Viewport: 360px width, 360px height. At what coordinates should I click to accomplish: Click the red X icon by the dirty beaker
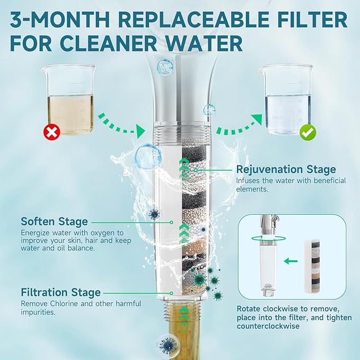[x=51, y=132]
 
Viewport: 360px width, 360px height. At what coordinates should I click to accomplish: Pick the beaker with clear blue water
[x=287, y=100]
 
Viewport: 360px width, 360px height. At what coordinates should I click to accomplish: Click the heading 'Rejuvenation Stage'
[x=286, y=170]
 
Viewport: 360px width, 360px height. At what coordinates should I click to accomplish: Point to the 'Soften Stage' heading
[x=55, y=222]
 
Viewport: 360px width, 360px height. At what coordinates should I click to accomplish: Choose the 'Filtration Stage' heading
[x=61, y=293]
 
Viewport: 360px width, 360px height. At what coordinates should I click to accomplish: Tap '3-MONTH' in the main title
[x=60, y=20]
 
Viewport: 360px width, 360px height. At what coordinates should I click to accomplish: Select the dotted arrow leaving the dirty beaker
[x=121, y=125]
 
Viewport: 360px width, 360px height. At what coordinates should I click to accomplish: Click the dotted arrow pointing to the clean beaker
[x=239, y=125]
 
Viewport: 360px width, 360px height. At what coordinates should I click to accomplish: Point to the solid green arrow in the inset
[x=291, y=261]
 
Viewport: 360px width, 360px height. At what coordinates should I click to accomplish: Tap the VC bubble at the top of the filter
[x=165, y=67]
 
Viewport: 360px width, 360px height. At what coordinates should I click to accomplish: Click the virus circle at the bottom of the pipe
[x=168, y=345]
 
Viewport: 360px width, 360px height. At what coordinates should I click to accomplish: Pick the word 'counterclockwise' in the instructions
[x=268, y=326]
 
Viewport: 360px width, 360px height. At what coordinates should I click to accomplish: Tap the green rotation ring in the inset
[x=269, y=238]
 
